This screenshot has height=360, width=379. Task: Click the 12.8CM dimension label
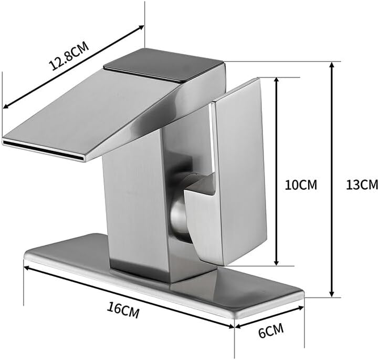point(69,56)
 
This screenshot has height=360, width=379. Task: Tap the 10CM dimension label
point(301,185)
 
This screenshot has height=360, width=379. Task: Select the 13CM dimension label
point(362,185)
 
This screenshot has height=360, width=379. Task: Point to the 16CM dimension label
point(123,310)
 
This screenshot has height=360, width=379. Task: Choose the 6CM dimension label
point(271,331)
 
